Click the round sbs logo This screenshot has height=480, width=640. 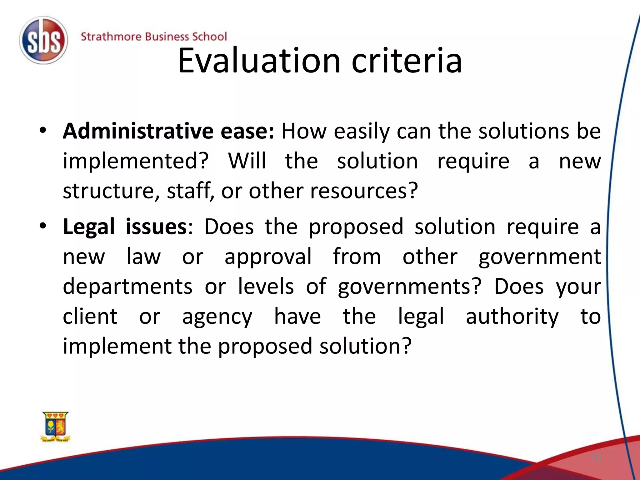tap(43, 40)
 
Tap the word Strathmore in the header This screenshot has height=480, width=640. tap(111, 37)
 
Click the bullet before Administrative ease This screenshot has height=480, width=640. tap(43, 130)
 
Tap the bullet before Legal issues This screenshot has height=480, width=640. tap(43, 226)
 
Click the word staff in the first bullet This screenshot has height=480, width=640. tap(188, 191)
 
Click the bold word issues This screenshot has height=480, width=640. tap(156, 226)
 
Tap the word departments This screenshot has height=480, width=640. tap(127, 286)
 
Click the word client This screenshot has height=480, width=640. tap(90, 316)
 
